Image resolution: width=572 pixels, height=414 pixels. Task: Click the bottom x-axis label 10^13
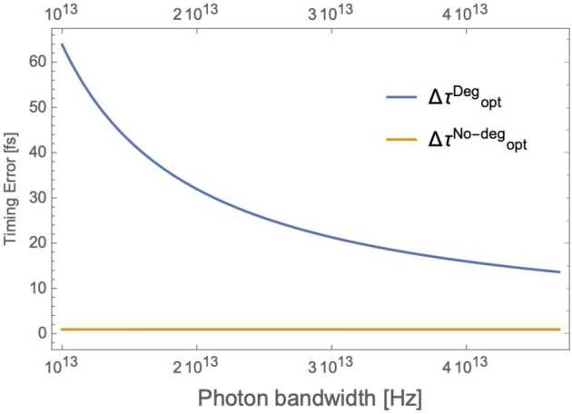62,365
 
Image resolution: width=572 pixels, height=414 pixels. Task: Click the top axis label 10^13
62,12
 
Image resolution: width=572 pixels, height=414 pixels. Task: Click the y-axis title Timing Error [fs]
11,187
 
